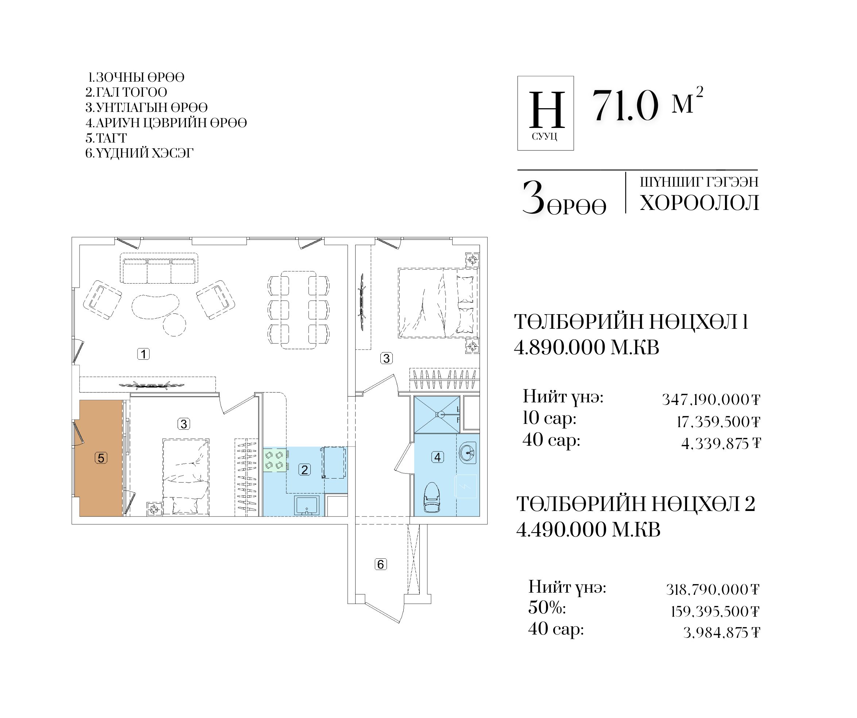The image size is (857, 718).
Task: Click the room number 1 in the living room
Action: pyautogui.click(x=143, y=354)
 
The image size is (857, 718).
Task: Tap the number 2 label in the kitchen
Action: pyautogui.click(x=305, y=469)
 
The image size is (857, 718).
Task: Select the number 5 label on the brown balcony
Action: pyautogui.click(x=101, y=458)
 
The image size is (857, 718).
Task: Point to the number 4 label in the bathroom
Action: pyautogui.click(x=438, y=457)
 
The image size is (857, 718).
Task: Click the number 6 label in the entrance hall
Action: pyautogui.click(x=380, y=564)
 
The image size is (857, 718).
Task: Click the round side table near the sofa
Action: pyautogui.click(x=174, y=325)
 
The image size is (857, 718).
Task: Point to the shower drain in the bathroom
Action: pyautogui.click(x=439, y=414)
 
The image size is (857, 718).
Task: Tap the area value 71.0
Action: pyautogui.click(x=625, y=106)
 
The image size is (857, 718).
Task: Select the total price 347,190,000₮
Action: pyautogui.click(x=710, y=399)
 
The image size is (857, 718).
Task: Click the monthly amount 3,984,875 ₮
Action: pyautogui.click(x=721, y=633)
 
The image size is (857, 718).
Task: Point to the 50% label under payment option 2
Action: pyautogui.click(x=547, y=608)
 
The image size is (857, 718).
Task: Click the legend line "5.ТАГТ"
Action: pyautogui.click(x=106, y=138)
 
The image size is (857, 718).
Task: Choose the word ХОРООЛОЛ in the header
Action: pyautogui.click(x=699, y=203)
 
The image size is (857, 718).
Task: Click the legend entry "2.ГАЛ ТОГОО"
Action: pyautogui.click(x=126, y=92)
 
